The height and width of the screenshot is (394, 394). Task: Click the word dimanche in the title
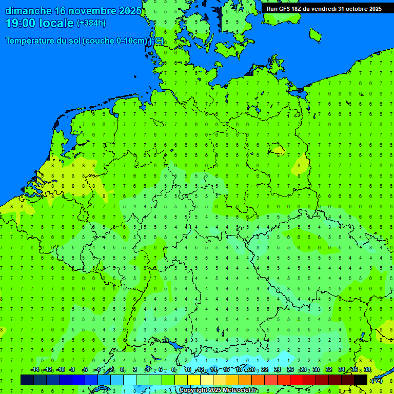coord(28,11)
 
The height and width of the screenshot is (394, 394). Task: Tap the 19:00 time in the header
coord(20,23)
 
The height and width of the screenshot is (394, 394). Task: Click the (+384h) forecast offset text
coord(91,23)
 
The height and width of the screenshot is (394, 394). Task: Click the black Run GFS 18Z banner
coord(324,8)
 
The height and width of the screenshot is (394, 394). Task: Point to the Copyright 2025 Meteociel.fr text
coord(219,390)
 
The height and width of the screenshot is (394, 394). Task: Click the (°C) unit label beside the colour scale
coord(377,381)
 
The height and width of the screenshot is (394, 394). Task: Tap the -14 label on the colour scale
coord(35,369)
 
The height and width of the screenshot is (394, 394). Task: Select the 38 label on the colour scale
coord(367,369)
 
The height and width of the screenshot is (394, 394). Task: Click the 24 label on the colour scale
coord(278,369)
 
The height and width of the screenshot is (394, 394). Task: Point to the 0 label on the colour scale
coord(122,369)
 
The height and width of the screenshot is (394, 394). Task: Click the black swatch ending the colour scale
coord(361,380)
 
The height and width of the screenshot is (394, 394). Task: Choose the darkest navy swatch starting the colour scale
coord(27,380)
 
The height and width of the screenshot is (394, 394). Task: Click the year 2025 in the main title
coord(130,11)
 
